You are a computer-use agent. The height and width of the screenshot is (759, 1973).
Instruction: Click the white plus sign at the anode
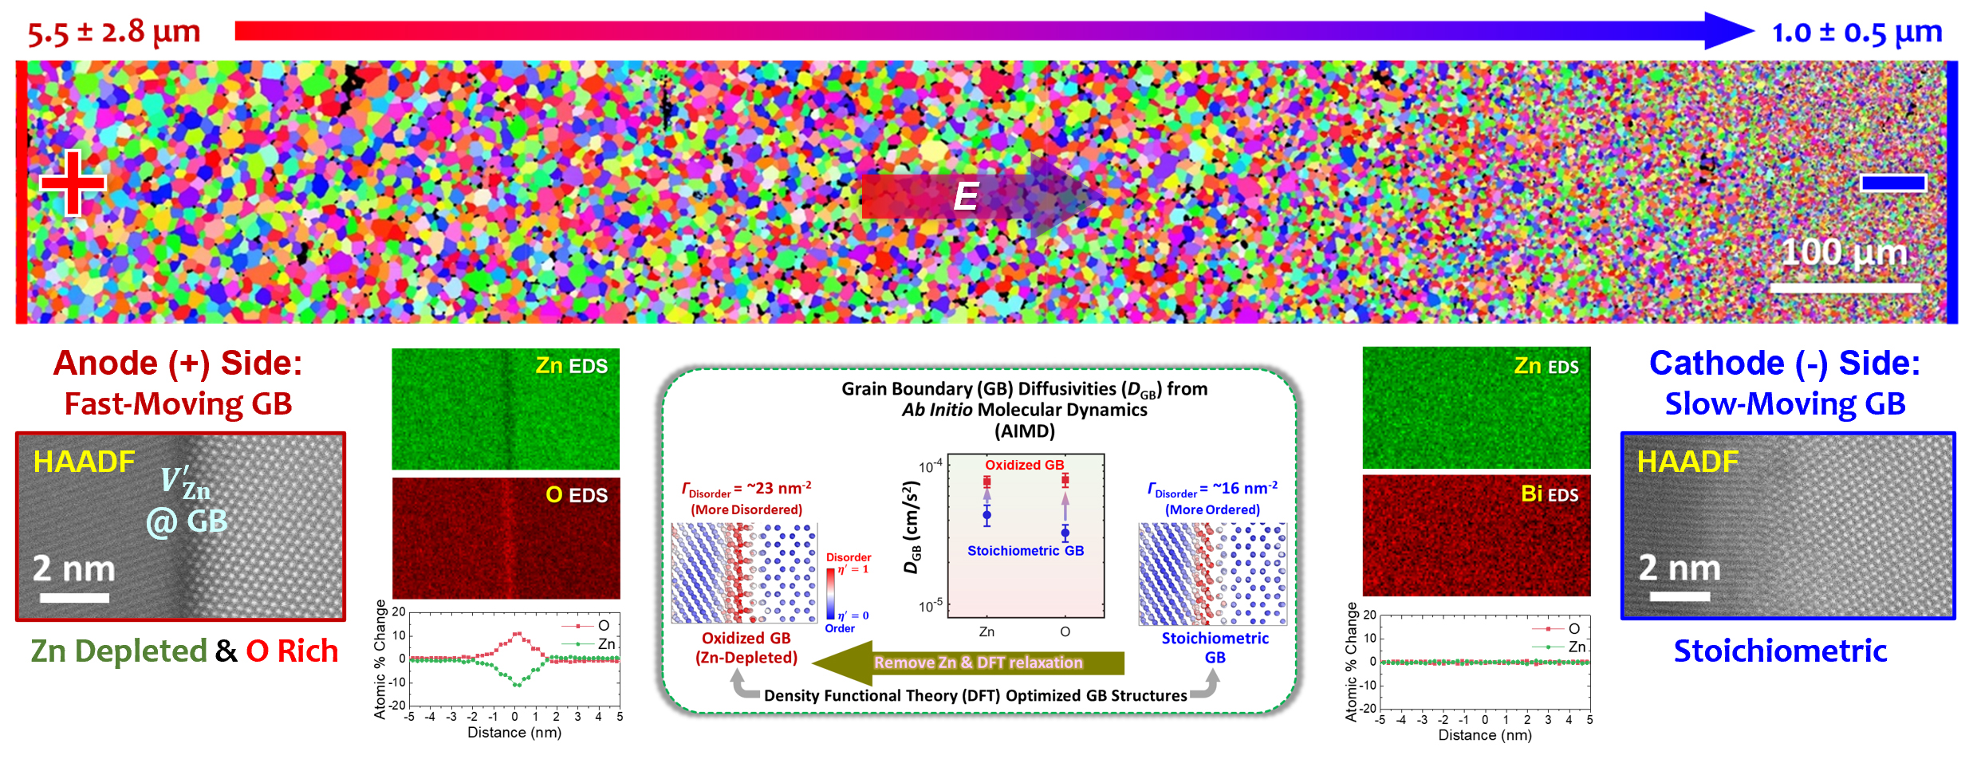point(73,183)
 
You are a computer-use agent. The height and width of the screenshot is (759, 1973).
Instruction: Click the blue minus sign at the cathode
point(1892,183)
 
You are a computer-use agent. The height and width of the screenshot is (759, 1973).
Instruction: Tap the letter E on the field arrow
point(966,197)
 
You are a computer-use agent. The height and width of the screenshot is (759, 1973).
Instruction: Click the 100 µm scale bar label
point(1844,253)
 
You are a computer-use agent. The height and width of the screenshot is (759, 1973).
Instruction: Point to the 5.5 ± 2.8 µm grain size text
point(113,33)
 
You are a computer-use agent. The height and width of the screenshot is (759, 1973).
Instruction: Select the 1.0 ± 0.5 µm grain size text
point(1857,33)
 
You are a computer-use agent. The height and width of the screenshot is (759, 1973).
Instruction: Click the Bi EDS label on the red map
point(1549,494)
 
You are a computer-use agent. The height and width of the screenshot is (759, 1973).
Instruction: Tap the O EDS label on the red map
point(576,495)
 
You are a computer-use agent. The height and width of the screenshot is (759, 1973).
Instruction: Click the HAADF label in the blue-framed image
point(1687,462)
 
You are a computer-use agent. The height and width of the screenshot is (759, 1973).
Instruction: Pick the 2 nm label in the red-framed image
point(73,569)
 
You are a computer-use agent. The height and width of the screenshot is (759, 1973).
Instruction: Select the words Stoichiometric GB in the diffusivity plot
point(1025,551)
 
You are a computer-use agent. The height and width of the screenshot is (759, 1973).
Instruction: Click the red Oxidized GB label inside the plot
point(1024,465)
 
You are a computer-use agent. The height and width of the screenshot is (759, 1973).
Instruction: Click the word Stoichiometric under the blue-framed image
point(1780,651)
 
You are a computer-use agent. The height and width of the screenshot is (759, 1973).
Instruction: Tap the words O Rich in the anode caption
point(292,651)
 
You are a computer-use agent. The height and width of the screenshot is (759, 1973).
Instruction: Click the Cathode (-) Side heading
point(1784,364)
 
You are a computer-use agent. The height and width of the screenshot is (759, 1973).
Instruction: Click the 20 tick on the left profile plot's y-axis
point(399,612)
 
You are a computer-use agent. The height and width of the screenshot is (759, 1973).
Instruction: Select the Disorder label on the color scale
point(848,557)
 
